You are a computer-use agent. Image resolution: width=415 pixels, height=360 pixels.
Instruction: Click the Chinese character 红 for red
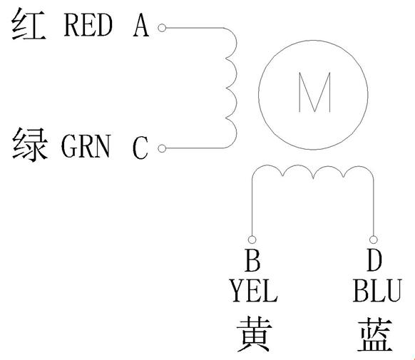29,24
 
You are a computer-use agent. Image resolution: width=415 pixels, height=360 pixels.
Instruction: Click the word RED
88,25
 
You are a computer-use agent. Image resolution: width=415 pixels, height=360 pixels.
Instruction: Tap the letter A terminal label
141,25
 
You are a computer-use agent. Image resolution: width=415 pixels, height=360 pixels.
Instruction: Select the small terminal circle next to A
162,28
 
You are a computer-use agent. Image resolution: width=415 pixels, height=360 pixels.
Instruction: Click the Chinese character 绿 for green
30,144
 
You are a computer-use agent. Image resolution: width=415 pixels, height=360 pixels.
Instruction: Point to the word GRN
86,146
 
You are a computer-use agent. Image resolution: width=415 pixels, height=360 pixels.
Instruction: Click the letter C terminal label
140,148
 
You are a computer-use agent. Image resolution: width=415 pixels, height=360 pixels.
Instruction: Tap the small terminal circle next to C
162,148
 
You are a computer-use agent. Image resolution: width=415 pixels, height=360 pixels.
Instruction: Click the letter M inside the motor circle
314,92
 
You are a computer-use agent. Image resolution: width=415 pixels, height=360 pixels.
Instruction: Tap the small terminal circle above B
252,240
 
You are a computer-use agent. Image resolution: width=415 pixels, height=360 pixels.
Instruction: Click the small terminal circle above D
374,240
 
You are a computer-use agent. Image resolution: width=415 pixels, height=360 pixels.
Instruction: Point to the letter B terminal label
252,260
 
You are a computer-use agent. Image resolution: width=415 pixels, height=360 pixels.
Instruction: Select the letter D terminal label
374,260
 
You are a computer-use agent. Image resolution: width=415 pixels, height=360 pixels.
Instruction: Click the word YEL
254,291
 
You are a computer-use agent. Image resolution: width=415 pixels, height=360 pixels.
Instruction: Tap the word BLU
377,291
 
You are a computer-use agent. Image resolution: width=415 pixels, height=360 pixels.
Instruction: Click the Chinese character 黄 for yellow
255,334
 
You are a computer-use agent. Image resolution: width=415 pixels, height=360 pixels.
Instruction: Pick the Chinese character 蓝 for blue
376,334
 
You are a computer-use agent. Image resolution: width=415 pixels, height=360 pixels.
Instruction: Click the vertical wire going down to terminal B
252,205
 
